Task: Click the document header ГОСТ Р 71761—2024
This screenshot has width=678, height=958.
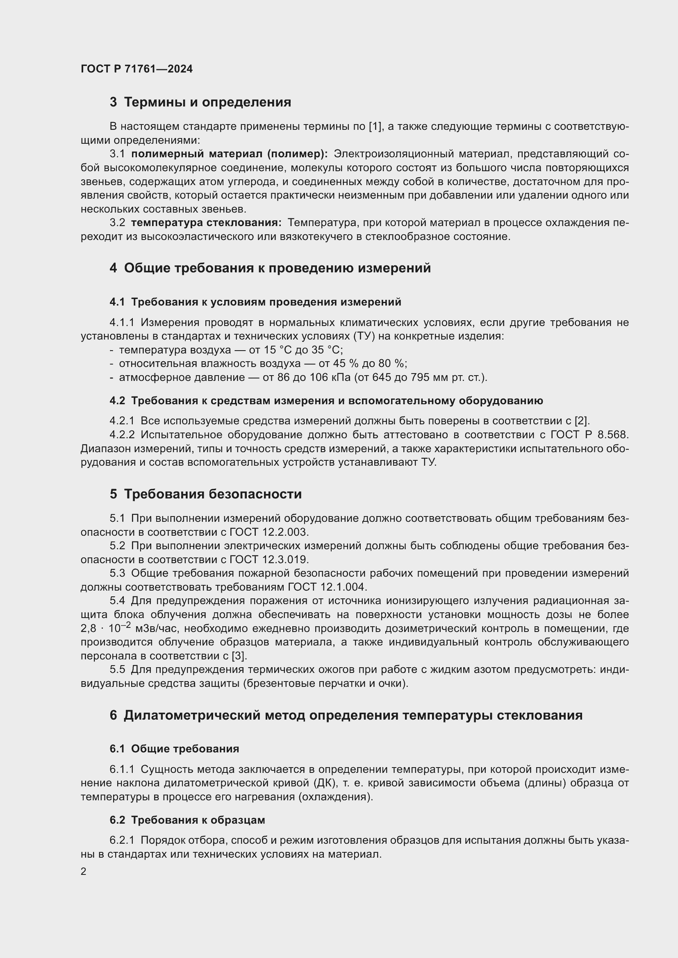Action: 137,69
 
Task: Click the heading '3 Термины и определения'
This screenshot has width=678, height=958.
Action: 200,102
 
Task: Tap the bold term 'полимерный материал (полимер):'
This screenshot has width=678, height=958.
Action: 229,154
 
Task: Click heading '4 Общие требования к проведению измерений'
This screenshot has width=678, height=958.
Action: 270,268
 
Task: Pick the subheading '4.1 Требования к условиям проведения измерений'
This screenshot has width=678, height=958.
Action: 255,302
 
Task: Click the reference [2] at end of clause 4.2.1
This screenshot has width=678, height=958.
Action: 582,421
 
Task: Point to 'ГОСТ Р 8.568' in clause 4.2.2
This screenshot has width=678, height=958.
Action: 589,435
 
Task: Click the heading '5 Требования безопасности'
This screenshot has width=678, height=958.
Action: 205,494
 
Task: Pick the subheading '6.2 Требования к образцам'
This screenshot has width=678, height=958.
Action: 187,820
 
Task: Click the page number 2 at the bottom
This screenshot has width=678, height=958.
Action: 84,872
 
